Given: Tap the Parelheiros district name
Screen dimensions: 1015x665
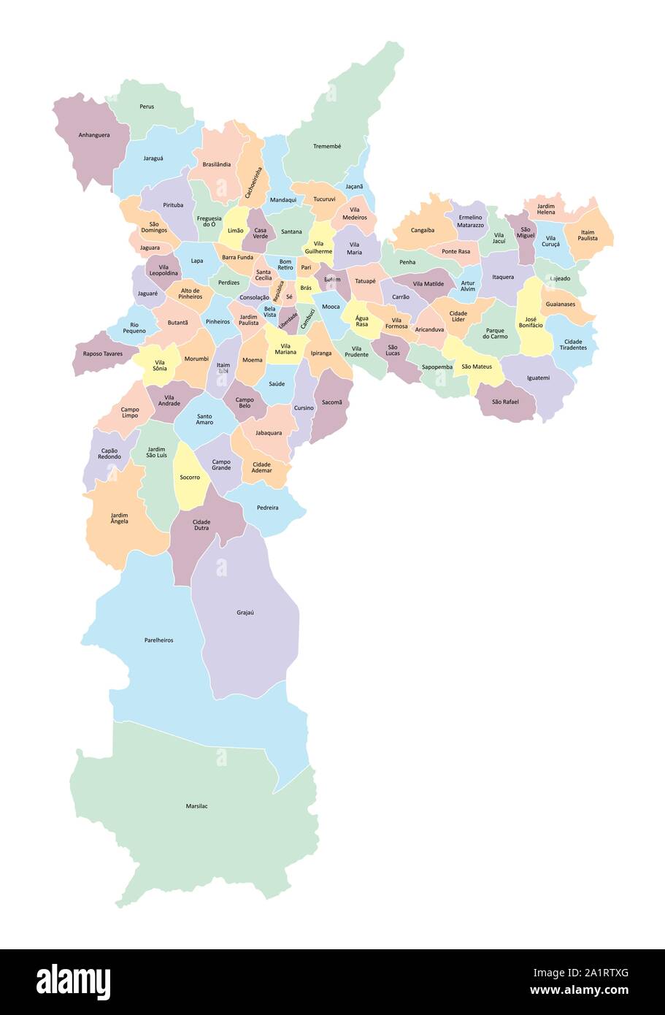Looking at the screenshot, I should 158,640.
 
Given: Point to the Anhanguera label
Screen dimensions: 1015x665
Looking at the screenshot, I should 94,135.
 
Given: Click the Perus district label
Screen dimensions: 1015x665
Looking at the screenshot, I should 147,107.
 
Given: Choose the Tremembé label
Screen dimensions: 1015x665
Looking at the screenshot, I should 327,146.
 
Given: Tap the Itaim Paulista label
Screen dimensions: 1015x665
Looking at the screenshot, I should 588,234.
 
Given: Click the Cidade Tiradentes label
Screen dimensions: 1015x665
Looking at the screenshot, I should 573,344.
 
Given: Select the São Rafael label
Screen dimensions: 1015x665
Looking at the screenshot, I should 505,402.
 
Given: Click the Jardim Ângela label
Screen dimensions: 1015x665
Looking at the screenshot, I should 119,518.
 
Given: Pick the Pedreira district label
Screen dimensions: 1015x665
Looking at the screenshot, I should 267,507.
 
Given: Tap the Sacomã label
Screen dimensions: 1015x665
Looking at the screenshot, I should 331,402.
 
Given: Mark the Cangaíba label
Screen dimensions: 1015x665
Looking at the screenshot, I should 423,230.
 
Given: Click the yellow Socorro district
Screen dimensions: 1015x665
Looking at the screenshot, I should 189,478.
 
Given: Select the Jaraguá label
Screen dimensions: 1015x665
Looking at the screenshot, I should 153,158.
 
